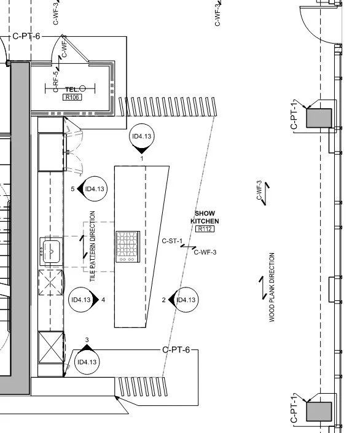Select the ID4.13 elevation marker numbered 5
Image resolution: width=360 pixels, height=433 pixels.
[95, 189]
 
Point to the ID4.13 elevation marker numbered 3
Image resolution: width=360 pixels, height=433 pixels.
[87, 362]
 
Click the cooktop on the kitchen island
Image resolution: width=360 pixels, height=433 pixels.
[127, 246]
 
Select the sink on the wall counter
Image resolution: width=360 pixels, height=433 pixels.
[51, 251]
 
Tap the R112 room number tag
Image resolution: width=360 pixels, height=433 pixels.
[204, 229]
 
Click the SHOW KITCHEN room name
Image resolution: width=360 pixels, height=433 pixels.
[205, 217]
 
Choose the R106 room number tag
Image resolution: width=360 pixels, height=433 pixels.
[72, 97]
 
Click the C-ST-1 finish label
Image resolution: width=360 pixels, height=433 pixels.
[172, 241]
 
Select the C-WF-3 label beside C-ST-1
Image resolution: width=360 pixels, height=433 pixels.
[205, 252]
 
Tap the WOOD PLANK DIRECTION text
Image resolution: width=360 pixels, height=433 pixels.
[272, 287]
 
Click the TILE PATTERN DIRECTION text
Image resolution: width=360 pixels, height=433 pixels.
[93, 246]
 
